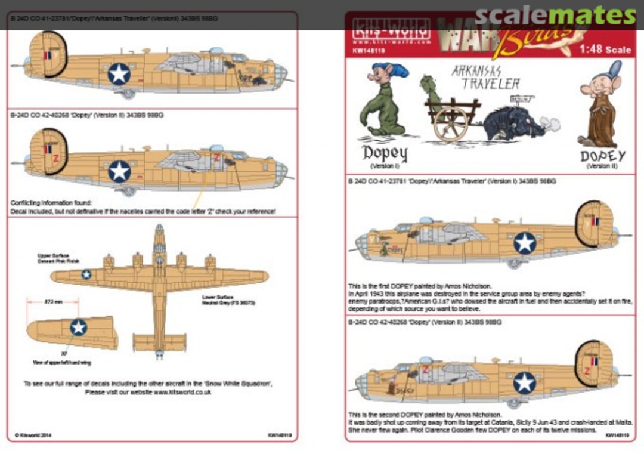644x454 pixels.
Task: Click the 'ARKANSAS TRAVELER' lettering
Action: coord(485,77)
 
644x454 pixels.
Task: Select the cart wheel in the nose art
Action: coord(450,123)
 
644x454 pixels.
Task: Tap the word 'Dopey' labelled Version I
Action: coord(385,154)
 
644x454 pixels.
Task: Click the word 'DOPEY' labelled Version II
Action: coord(603,156)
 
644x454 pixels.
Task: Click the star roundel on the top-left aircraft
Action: coord(119,73)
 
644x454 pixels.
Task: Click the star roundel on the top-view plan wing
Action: coord(86,274)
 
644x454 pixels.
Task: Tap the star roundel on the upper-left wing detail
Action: coord(78,327)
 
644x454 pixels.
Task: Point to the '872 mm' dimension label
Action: coord(54,303)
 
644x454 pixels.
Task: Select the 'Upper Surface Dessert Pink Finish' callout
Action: coord(59,258)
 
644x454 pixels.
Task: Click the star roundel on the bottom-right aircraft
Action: coord(525,382)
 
